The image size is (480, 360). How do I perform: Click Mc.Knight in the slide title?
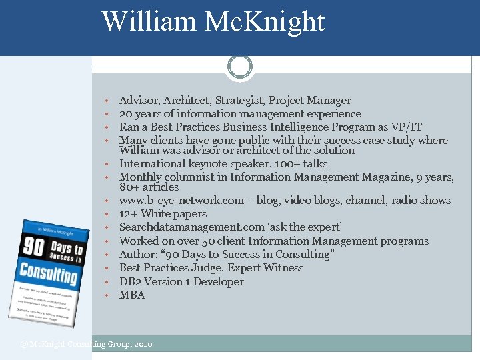coord(265,21)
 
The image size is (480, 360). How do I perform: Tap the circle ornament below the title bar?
coord(240,67)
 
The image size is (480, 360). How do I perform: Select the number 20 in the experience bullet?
coord(126,114)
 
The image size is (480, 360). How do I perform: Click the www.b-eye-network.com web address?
coord(181,201)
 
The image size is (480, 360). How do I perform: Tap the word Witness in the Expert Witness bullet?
coord(283,268)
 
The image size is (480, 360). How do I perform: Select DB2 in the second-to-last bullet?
coord(129,282)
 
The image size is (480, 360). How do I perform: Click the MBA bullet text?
coord(132,295)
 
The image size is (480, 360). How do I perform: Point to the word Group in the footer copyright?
coord(119,345)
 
